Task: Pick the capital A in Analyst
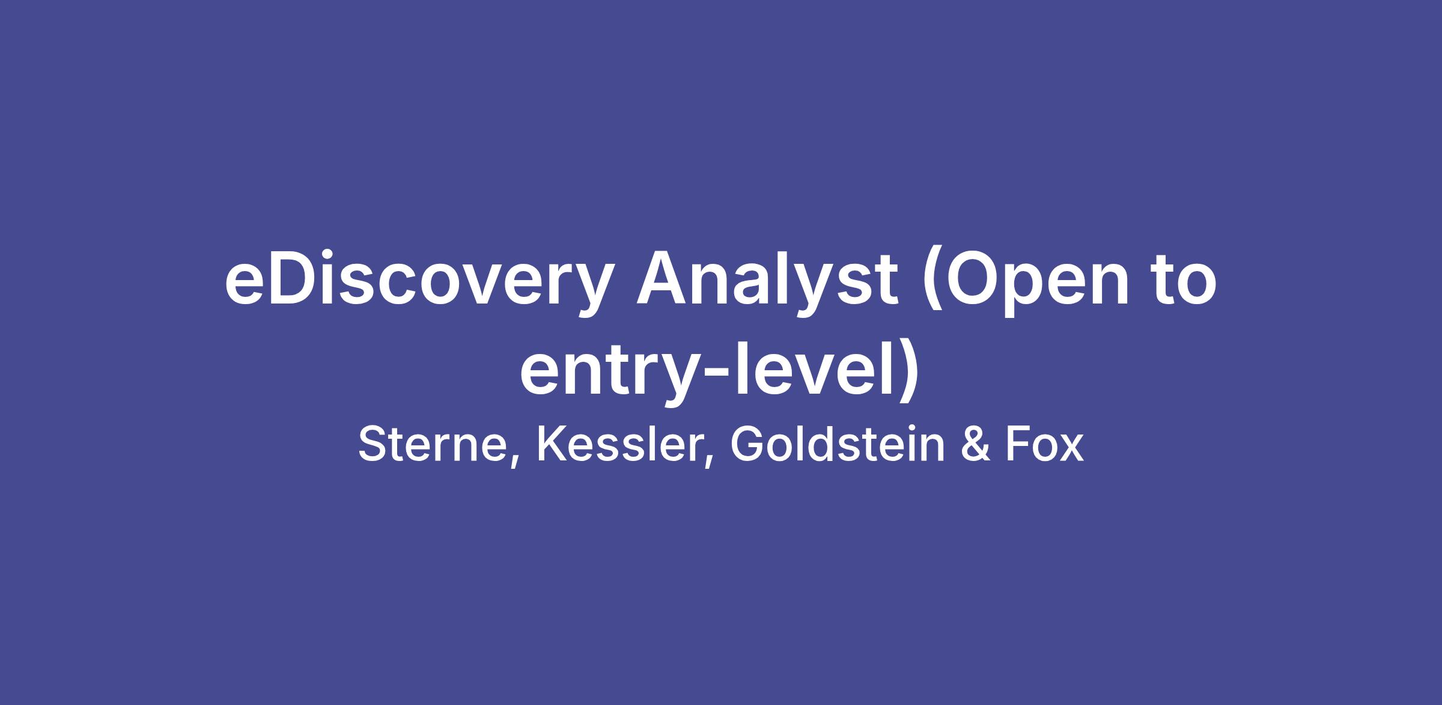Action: pyautogui.click(x=665, y=277)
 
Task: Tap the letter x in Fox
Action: pyautogui.click(x=1071, y=450)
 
